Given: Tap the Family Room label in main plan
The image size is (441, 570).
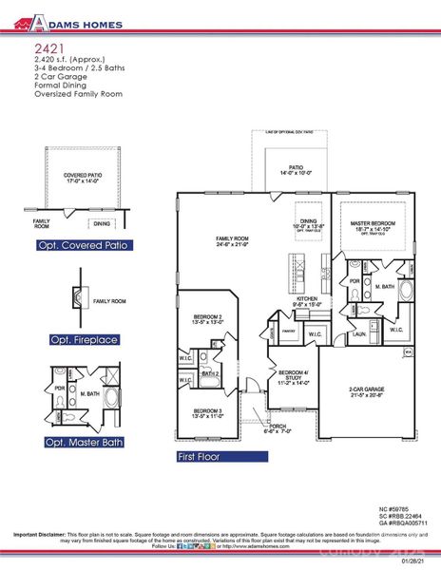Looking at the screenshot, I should tap(232, 240).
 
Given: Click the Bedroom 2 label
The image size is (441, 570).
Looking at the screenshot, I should tap(207, 317).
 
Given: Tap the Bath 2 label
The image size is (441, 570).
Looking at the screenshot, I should tap(211, 373).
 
